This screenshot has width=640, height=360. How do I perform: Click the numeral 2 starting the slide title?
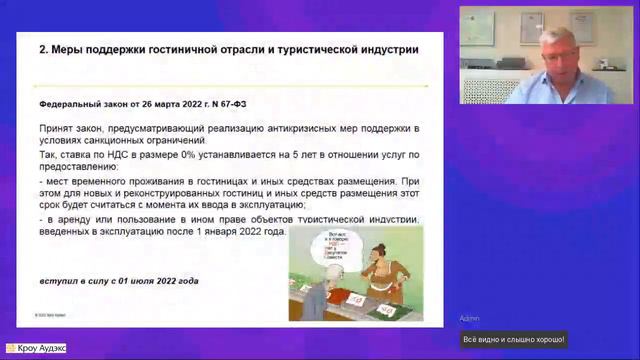tap(41, 48)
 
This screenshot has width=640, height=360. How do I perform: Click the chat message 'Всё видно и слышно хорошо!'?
tap(513, 339)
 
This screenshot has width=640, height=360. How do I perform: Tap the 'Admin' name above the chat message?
tap(469, 318)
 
